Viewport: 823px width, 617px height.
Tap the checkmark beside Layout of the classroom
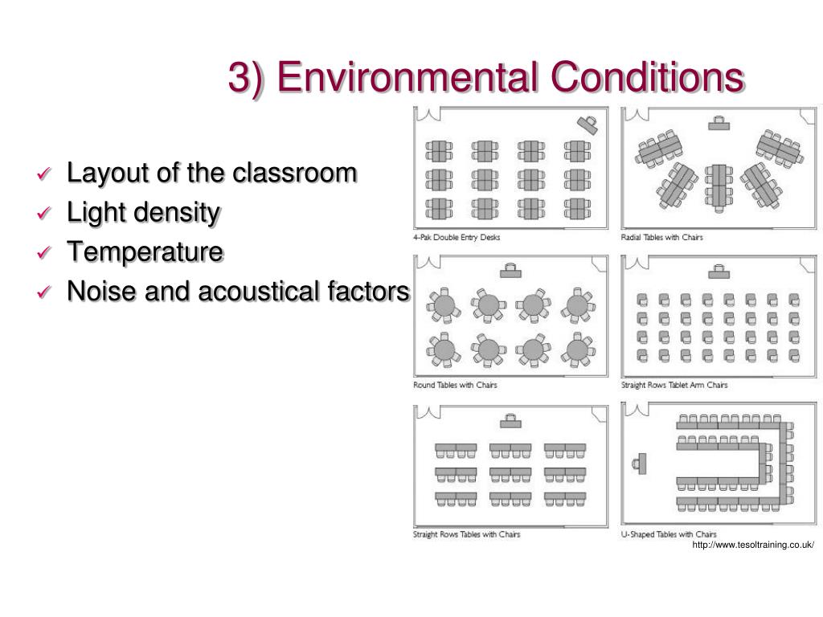point(44,174)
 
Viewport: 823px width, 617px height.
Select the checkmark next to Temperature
point(44,252)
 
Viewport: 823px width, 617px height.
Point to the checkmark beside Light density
point(44,213)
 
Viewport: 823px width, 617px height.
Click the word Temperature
point(145,251)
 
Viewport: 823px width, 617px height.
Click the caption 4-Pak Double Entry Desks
point(457,237)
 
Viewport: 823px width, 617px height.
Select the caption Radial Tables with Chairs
point(662,237)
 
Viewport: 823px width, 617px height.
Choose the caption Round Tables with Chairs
point(455,385)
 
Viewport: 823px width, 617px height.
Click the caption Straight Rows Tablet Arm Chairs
point(674,385)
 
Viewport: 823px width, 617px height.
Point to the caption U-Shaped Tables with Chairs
point(669,534)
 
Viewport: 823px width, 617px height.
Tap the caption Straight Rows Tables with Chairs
point(467,534)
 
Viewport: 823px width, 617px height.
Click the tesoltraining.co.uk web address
point(753,545)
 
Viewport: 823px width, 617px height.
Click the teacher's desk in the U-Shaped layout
point(641,464)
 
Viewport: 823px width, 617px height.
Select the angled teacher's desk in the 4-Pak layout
point(588,125)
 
